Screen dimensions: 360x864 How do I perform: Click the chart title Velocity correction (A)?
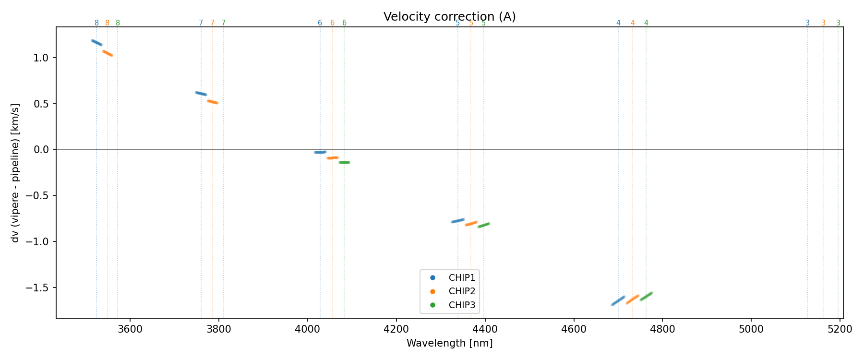449,17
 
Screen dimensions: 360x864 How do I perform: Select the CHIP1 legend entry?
461,277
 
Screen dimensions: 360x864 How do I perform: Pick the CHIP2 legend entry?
461,291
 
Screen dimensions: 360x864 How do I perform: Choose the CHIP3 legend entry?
461,305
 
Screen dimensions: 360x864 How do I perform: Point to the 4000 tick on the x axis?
308,329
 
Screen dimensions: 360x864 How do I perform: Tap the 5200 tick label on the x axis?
840,329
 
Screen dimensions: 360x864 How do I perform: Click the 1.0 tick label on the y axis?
42,58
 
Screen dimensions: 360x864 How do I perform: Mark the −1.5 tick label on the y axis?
38,288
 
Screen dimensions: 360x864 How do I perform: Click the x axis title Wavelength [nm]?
449,343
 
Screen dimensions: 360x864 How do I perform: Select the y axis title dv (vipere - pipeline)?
15,172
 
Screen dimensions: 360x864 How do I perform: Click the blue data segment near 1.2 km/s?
96,43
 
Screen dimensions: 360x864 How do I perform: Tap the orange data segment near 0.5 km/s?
213,102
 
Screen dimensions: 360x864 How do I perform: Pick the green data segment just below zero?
344,162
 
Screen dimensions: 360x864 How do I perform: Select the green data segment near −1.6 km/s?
646,296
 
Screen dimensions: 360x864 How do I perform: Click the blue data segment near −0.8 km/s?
457,221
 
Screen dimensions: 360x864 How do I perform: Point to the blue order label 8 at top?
96,23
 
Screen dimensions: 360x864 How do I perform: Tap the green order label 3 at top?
838,23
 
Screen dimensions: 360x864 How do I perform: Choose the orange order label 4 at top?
633,23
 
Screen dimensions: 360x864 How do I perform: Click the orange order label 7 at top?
212,23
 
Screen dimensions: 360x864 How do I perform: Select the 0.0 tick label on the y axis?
42,150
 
